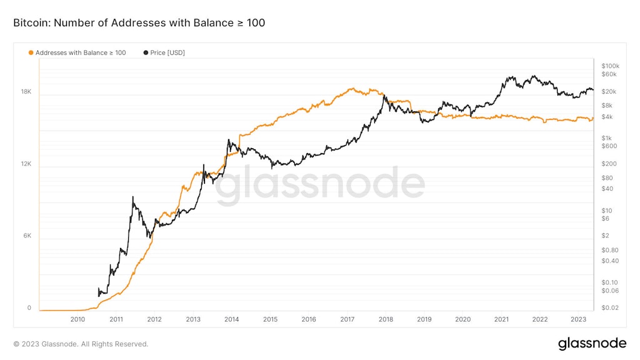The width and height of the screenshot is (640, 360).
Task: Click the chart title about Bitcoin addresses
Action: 139,23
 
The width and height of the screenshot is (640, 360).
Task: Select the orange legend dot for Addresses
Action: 31,53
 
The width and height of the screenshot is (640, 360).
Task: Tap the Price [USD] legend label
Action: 167,53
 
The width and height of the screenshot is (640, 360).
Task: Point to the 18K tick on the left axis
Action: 26,92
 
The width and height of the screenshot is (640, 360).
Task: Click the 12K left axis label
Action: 26,164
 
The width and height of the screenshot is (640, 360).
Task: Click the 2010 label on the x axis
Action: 77,319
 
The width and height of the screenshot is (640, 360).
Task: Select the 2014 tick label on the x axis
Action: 231,319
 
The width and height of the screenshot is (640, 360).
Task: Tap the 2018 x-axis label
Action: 386,319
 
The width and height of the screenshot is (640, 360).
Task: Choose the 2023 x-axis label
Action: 578,319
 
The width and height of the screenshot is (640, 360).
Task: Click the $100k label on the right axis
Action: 610,66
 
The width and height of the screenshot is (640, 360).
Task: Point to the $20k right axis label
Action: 609,92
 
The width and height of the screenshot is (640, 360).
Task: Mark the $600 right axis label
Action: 609,146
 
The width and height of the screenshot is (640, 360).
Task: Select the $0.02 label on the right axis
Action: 609,308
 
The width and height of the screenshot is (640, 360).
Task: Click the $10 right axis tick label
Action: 606,211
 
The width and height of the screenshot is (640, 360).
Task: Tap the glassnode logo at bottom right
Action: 591,343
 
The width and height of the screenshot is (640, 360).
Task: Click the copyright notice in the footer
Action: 81,344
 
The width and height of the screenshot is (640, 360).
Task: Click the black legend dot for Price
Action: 146,53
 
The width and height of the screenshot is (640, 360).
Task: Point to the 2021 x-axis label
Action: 501,319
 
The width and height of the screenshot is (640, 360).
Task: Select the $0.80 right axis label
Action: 609,250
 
